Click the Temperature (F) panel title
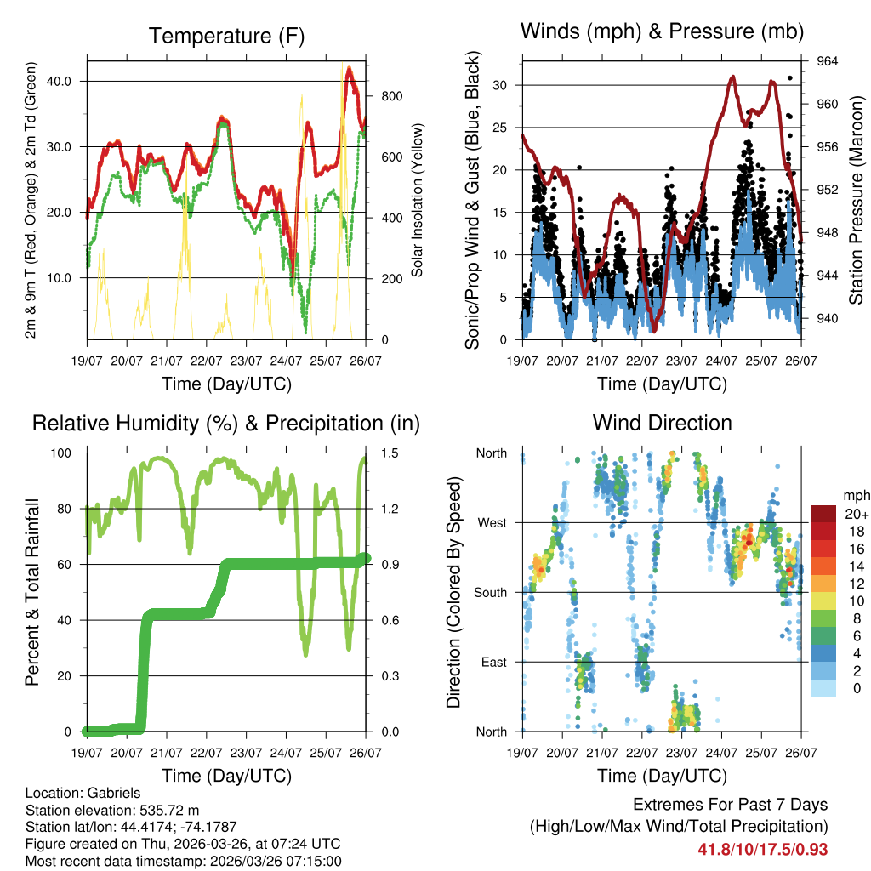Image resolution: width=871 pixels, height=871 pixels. (226, 36)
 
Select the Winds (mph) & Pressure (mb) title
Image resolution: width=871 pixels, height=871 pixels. (663, 32)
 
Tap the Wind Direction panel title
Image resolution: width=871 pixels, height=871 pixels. (662, 422)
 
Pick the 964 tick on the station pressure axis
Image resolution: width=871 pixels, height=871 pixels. (828, 61)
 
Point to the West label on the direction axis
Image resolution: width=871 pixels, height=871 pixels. (491, 523)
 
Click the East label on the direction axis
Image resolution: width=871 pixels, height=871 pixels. (492, 662)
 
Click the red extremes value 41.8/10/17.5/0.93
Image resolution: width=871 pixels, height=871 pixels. (762, 849)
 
